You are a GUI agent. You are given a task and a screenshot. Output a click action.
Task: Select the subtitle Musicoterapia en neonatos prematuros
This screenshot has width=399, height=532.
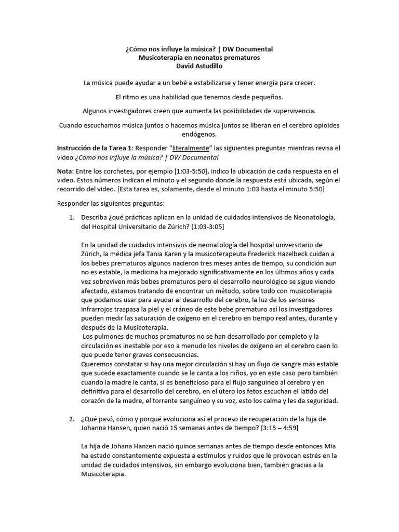tap(199, 57)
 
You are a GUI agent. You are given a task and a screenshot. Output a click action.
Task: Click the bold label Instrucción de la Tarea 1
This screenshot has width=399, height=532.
tap(97, 148)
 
